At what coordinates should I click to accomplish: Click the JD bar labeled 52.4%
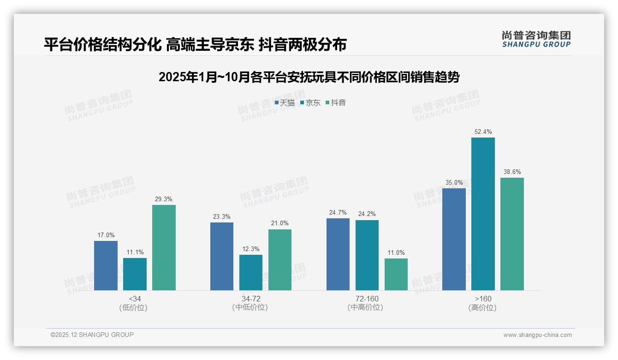coord(483,214)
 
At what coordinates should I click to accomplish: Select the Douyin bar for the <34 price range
coord(164,247)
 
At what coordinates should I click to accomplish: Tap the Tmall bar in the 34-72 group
coord(222,256)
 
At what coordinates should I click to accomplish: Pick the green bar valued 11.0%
coord(396,274)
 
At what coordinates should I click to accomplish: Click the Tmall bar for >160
coord(454,239)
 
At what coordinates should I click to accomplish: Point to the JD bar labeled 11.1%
coord(135,274)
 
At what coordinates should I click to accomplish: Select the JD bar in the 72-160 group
coord(367,255)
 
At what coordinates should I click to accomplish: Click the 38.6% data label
coord(512,172)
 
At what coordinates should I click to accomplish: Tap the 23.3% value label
coord(222,216)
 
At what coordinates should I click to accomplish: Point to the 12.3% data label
coord(251,249)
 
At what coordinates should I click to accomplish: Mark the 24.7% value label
coord(338,212)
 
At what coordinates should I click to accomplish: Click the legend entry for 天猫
coord(285,102)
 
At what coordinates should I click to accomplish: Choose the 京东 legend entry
coord(310,102)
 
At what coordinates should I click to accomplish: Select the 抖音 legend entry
coord(336,102)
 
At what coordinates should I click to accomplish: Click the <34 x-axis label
coord(135,299)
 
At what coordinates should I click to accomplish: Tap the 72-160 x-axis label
coord(367,299)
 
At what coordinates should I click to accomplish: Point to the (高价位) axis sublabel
coord(482,307)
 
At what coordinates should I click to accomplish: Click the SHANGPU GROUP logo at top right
coord(536,39)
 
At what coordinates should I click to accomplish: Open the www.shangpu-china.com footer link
coord(537,335)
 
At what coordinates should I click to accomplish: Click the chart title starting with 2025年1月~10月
coord(309,77)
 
